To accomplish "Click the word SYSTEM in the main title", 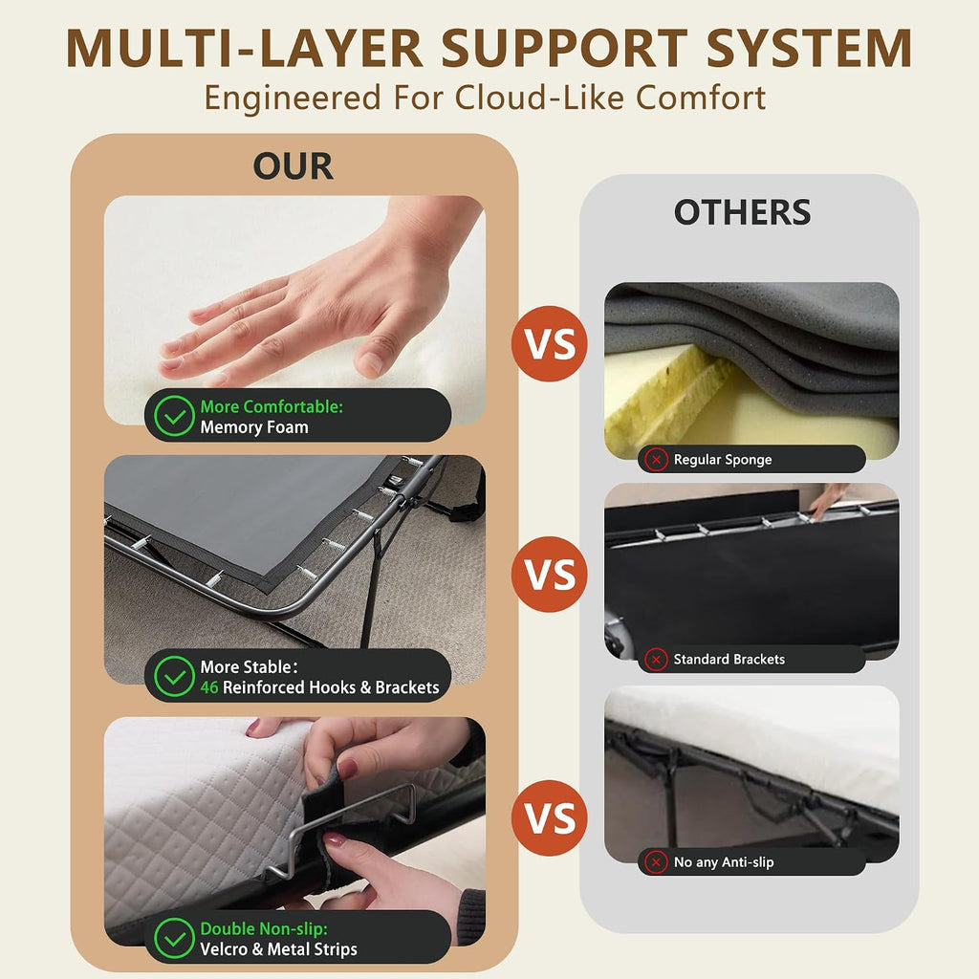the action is (809, 48).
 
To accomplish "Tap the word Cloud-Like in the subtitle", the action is (539, 98).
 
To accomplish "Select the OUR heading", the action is (293, 166).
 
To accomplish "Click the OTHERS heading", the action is (742, 212).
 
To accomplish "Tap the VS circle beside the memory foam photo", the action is (550, 343).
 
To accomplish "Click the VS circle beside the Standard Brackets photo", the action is (550, 574).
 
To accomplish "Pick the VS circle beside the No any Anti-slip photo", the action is (550, 818).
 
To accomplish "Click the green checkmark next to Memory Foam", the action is (174, 416).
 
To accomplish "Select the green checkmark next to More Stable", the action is (174, 676).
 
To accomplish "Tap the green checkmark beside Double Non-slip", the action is (174, 938).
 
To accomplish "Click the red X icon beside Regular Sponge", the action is (656, 460).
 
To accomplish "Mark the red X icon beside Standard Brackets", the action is (656, 659).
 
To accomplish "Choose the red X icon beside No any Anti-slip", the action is (656, 862).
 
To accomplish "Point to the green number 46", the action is (209, 687).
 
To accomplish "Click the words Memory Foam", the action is (254, 427).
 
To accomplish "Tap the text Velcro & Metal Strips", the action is (278, 949).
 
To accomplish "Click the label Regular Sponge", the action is (723, 460).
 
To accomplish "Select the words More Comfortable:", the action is (272, 406).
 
